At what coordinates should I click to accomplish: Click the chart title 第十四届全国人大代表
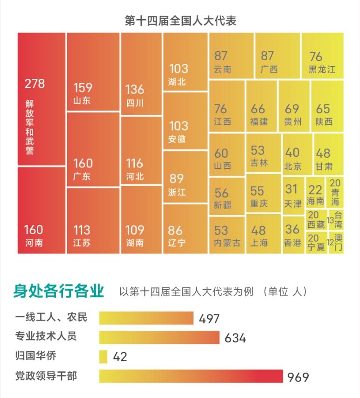tap(180, 21)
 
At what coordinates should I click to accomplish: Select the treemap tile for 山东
tap(93, 72)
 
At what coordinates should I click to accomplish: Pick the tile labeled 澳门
tap(336, 243)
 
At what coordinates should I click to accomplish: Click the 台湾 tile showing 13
tap(336, 219)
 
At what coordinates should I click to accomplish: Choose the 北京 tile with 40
tap(297, 154)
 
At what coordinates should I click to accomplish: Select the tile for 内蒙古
tap(227, 235)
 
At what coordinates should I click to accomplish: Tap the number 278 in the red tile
tap(35, 84)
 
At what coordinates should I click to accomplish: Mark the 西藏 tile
tap(316, 219)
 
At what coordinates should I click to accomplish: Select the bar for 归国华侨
tap(104, 356)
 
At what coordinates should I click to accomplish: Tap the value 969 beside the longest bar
tap(298, 377)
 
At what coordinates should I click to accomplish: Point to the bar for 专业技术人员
tap(159, 337)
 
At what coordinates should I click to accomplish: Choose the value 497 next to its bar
tap(209, 319)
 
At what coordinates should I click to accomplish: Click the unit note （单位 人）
tap(285, 292)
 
